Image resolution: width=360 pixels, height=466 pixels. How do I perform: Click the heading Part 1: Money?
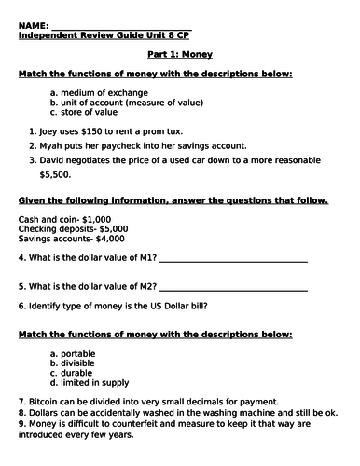coord(179,55)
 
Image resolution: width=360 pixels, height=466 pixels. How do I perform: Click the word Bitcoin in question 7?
coord(47,401)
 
